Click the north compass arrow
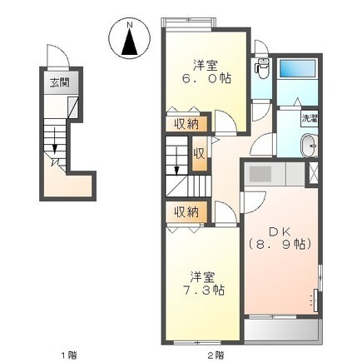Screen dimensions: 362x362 [x=130, y=42]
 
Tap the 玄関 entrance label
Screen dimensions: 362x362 [x=59, y=82]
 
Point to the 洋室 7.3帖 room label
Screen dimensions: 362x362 [x=204, y=284]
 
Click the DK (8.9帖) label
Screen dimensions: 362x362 [x=280, y=238]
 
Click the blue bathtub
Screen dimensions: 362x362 [x=297, y=68]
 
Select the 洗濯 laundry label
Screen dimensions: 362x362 [x=310, y=118]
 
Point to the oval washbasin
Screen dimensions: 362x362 [x=310, y=146]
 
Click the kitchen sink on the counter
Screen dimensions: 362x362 [x=260, y=174]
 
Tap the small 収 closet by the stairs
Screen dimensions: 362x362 [x=200, y=154]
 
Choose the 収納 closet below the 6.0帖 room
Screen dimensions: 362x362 [x=186, y=124]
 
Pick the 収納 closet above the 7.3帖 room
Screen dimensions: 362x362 [x=186, y=212]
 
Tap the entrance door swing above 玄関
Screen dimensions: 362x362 [x=57, y=57]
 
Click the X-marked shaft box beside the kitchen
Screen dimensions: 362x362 [x=313, y=173]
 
